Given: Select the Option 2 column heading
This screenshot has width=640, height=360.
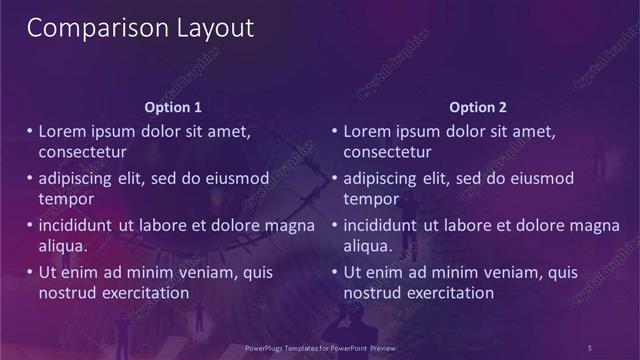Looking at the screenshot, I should pos(478,106).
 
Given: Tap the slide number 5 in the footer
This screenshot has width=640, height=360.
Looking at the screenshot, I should pos(590,347).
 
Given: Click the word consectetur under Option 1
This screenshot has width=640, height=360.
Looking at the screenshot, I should pos(81,153).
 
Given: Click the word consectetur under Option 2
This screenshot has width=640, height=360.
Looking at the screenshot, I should pos(387,153).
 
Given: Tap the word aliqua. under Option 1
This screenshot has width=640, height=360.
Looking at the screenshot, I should pos(63,246).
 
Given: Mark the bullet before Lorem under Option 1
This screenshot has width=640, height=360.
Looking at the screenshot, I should pos(29,131).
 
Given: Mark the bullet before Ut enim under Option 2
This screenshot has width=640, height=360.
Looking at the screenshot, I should pos(335,272).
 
